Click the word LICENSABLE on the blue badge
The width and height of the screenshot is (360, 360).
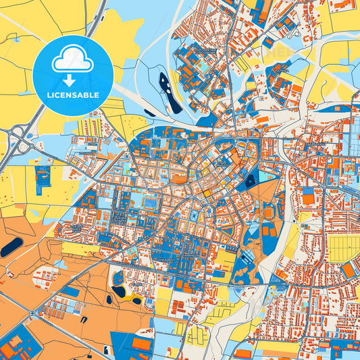[72, 95]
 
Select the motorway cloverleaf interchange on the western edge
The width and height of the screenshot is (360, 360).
[22, 139]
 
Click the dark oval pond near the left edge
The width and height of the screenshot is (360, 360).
[11, 247]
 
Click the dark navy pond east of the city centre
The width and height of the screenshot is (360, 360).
[251, 181]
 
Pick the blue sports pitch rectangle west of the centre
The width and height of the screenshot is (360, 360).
[149, 202]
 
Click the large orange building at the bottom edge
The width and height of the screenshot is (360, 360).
[141, 344]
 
